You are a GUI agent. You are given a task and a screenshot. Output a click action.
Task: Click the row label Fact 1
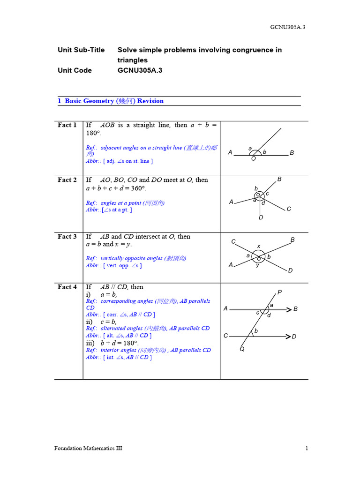(67, 125)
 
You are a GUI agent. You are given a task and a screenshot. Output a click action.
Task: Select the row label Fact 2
(67, 180)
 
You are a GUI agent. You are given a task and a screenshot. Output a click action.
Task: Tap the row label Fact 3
(67, 237)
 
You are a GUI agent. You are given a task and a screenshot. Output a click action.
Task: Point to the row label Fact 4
(67, 287)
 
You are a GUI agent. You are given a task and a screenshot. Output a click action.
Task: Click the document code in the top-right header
(288, 27)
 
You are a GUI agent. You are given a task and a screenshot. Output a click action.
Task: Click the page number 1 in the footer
(307, 449)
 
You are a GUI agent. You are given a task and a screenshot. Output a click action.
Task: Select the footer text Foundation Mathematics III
(88, 449)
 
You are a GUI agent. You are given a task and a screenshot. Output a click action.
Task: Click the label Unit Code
(75, 70)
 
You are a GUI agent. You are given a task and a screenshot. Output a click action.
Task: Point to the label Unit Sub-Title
(81, 50)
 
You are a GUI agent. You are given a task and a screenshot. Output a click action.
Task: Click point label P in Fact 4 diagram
(279, 292)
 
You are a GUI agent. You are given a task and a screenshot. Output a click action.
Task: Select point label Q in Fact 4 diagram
(242, 349)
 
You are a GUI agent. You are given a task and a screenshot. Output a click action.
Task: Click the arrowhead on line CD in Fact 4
(287, 336)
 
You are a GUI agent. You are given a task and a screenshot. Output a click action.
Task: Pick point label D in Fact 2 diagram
(261, 217)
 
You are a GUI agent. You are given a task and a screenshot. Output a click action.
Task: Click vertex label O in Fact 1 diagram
(254, 159)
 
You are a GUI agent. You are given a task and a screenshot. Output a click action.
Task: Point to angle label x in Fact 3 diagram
(258, 246)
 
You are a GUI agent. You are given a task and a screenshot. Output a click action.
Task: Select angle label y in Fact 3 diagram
(257, 266)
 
